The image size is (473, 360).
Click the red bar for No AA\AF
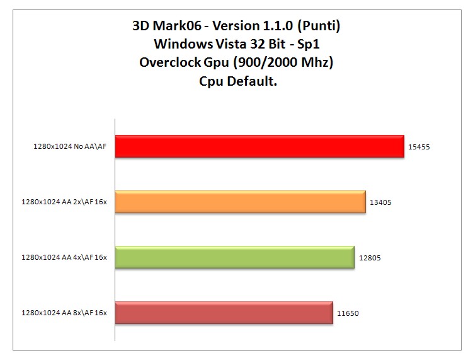(x=259, y=146)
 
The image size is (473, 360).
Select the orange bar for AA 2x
(x=240, y=202)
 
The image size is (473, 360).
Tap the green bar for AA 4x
(x=234, y=257)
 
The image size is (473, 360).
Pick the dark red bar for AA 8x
(x=224, y=313)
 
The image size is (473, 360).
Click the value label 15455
(x=419, y=147)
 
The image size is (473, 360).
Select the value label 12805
(x=370, y=258)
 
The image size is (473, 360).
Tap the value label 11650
(x=348, y=313)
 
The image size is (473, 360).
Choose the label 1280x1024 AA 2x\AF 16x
(x=64, y=202)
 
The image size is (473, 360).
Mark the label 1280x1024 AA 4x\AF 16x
(x=64, y=258)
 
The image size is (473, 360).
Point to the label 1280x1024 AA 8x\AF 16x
(x=64, y=313)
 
